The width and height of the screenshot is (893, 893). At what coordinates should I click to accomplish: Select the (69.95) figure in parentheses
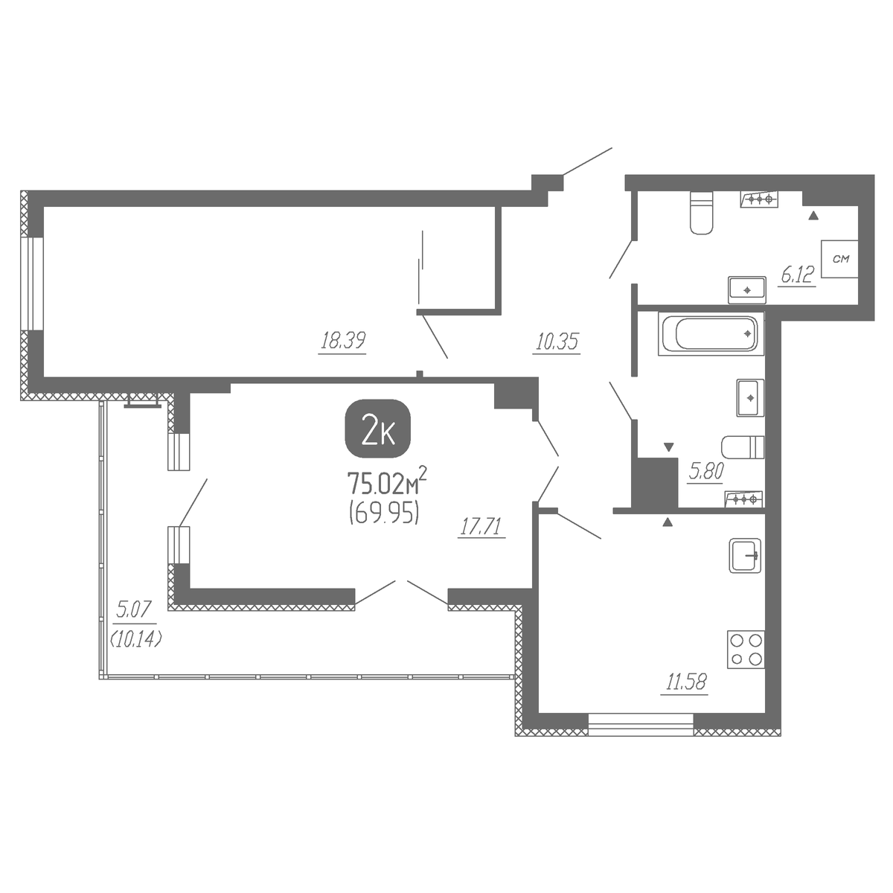[384, 513]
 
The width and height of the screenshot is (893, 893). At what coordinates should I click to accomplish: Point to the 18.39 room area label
[343, 341]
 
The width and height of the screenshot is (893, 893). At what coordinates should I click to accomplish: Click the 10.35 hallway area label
[557, 342]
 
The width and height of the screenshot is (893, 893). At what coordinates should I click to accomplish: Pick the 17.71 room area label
[481, 527]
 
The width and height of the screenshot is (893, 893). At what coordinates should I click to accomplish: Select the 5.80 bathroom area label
[705, 472]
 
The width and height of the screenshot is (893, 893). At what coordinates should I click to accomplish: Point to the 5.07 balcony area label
[133, 609]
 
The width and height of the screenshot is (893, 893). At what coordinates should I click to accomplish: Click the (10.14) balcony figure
[135, 640]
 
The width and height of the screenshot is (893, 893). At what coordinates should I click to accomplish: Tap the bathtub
[711, 333]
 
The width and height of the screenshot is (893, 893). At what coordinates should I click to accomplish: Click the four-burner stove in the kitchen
[746, 649]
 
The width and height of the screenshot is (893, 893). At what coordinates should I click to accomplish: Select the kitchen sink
[745, 555]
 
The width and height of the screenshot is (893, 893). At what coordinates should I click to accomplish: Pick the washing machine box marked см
[839, 259]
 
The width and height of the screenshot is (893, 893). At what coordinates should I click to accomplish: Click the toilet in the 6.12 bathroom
[701, 213]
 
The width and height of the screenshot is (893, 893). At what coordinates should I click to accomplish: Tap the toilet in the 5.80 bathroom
[743, 446]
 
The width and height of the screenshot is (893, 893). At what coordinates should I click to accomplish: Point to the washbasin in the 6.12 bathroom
[746, 289]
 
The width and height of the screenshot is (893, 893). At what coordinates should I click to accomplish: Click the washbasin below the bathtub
[750, 397]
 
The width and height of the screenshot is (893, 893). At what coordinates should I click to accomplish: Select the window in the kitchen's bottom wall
[641, 725]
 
